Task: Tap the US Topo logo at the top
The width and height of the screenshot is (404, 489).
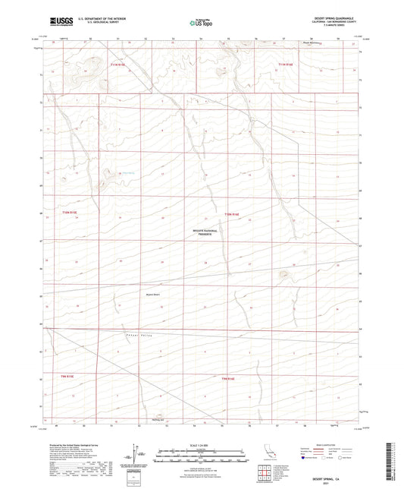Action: [x=202, y=23]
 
